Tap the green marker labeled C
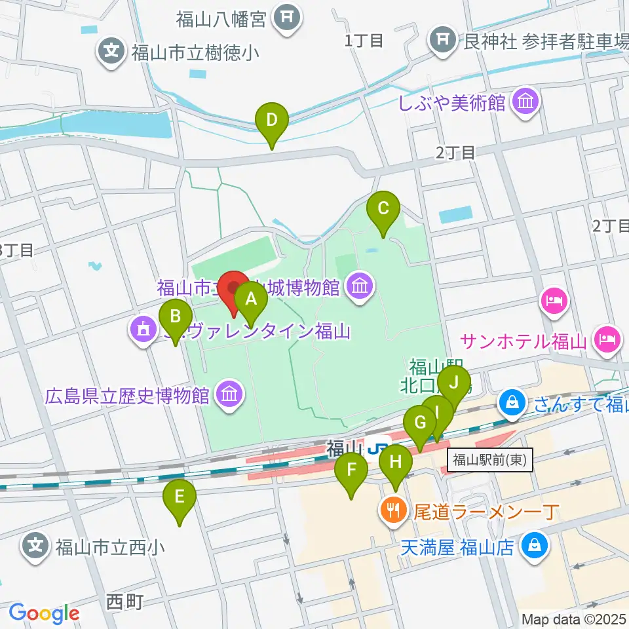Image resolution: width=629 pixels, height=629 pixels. click(x=383, y=210)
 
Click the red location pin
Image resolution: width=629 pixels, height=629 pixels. click(x=233, y=289)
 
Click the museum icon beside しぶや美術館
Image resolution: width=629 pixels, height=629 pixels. click(x=525, y=102)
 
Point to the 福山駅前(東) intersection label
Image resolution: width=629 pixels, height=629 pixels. click(x=491, y=460)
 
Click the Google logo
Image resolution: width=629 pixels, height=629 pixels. click(x=44, y=613)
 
